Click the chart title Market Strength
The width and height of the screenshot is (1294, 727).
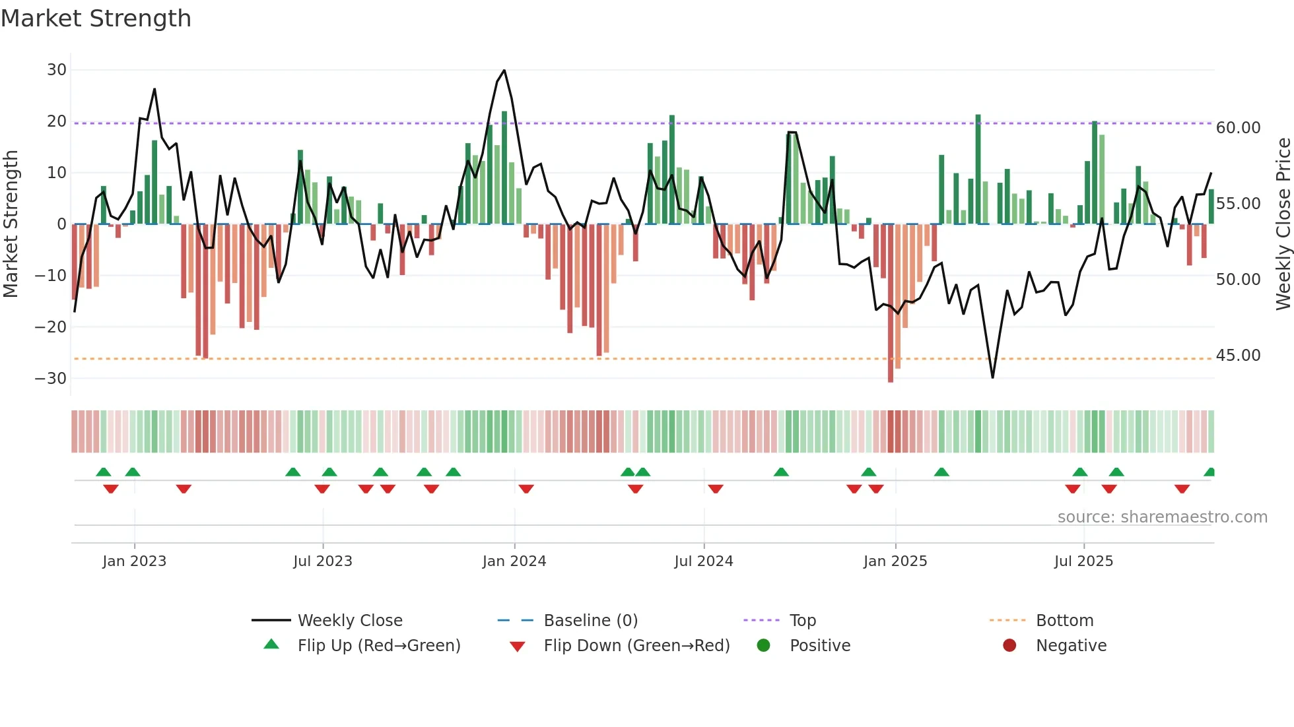click(96, 18)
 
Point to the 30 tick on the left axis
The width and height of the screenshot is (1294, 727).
click(57, 70)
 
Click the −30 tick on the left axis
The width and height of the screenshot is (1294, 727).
click(51, 379)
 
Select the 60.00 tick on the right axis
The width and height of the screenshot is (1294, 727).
click(1238, 128)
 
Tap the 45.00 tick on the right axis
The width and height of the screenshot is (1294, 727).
click(1238, 356)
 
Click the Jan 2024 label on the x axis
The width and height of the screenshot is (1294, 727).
click(514, 561)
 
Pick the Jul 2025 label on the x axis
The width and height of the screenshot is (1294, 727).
click(1083, 561)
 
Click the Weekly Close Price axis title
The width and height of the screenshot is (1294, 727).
click(1283, 224)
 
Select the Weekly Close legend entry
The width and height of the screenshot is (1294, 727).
click(349, 621)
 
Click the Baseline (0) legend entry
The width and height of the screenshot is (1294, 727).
click(590, 621)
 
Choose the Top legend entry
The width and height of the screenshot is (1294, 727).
click(802, 621)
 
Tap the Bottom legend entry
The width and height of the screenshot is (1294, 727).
click(1064, 621)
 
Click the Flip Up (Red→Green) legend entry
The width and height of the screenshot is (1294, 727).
click(378, 646)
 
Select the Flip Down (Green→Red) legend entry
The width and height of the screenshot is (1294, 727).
click(636, 646)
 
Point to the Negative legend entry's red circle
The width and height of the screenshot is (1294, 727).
click(1009, 646)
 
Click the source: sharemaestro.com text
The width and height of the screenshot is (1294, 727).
click(1162, 517)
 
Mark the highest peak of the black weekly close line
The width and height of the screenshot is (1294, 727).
click(504, 71)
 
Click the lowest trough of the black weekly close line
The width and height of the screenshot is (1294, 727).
click(992, 377)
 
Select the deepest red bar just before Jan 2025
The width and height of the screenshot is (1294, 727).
click(891, 303)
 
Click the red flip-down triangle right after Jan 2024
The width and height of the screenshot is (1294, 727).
click(526, 489)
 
